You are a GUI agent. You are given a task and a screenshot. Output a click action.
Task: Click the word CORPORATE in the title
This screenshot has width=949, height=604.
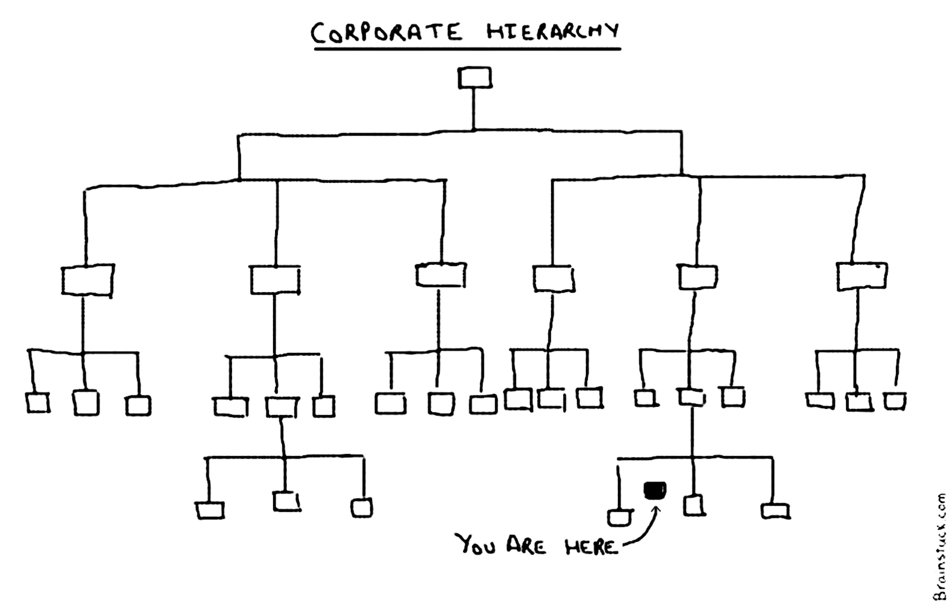point(386,33)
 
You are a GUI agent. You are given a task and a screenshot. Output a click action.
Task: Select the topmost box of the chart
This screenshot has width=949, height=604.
point(474,78)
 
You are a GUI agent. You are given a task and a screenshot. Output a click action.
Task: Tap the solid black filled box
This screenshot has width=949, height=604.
point(655,490)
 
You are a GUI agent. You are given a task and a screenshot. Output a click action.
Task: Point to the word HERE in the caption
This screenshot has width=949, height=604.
point(591,547)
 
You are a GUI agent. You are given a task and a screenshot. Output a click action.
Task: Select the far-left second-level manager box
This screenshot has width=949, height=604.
point(87,280)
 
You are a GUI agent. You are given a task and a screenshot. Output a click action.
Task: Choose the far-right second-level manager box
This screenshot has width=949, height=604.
point(861,277)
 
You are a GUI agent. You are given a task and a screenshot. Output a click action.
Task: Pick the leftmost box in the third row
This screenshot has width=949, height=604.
point(38,403)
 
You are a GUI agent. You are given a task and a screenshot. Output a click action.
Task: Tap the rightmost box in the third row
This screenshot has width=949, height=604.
point(895,401)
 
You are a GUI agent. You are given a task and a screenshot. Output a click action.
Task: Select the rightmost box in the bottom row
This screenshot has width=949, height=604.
point(775,511)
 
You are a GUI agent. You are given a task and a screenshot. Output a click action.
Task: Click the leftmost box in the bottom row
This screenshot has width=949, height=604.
point(210,511)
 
